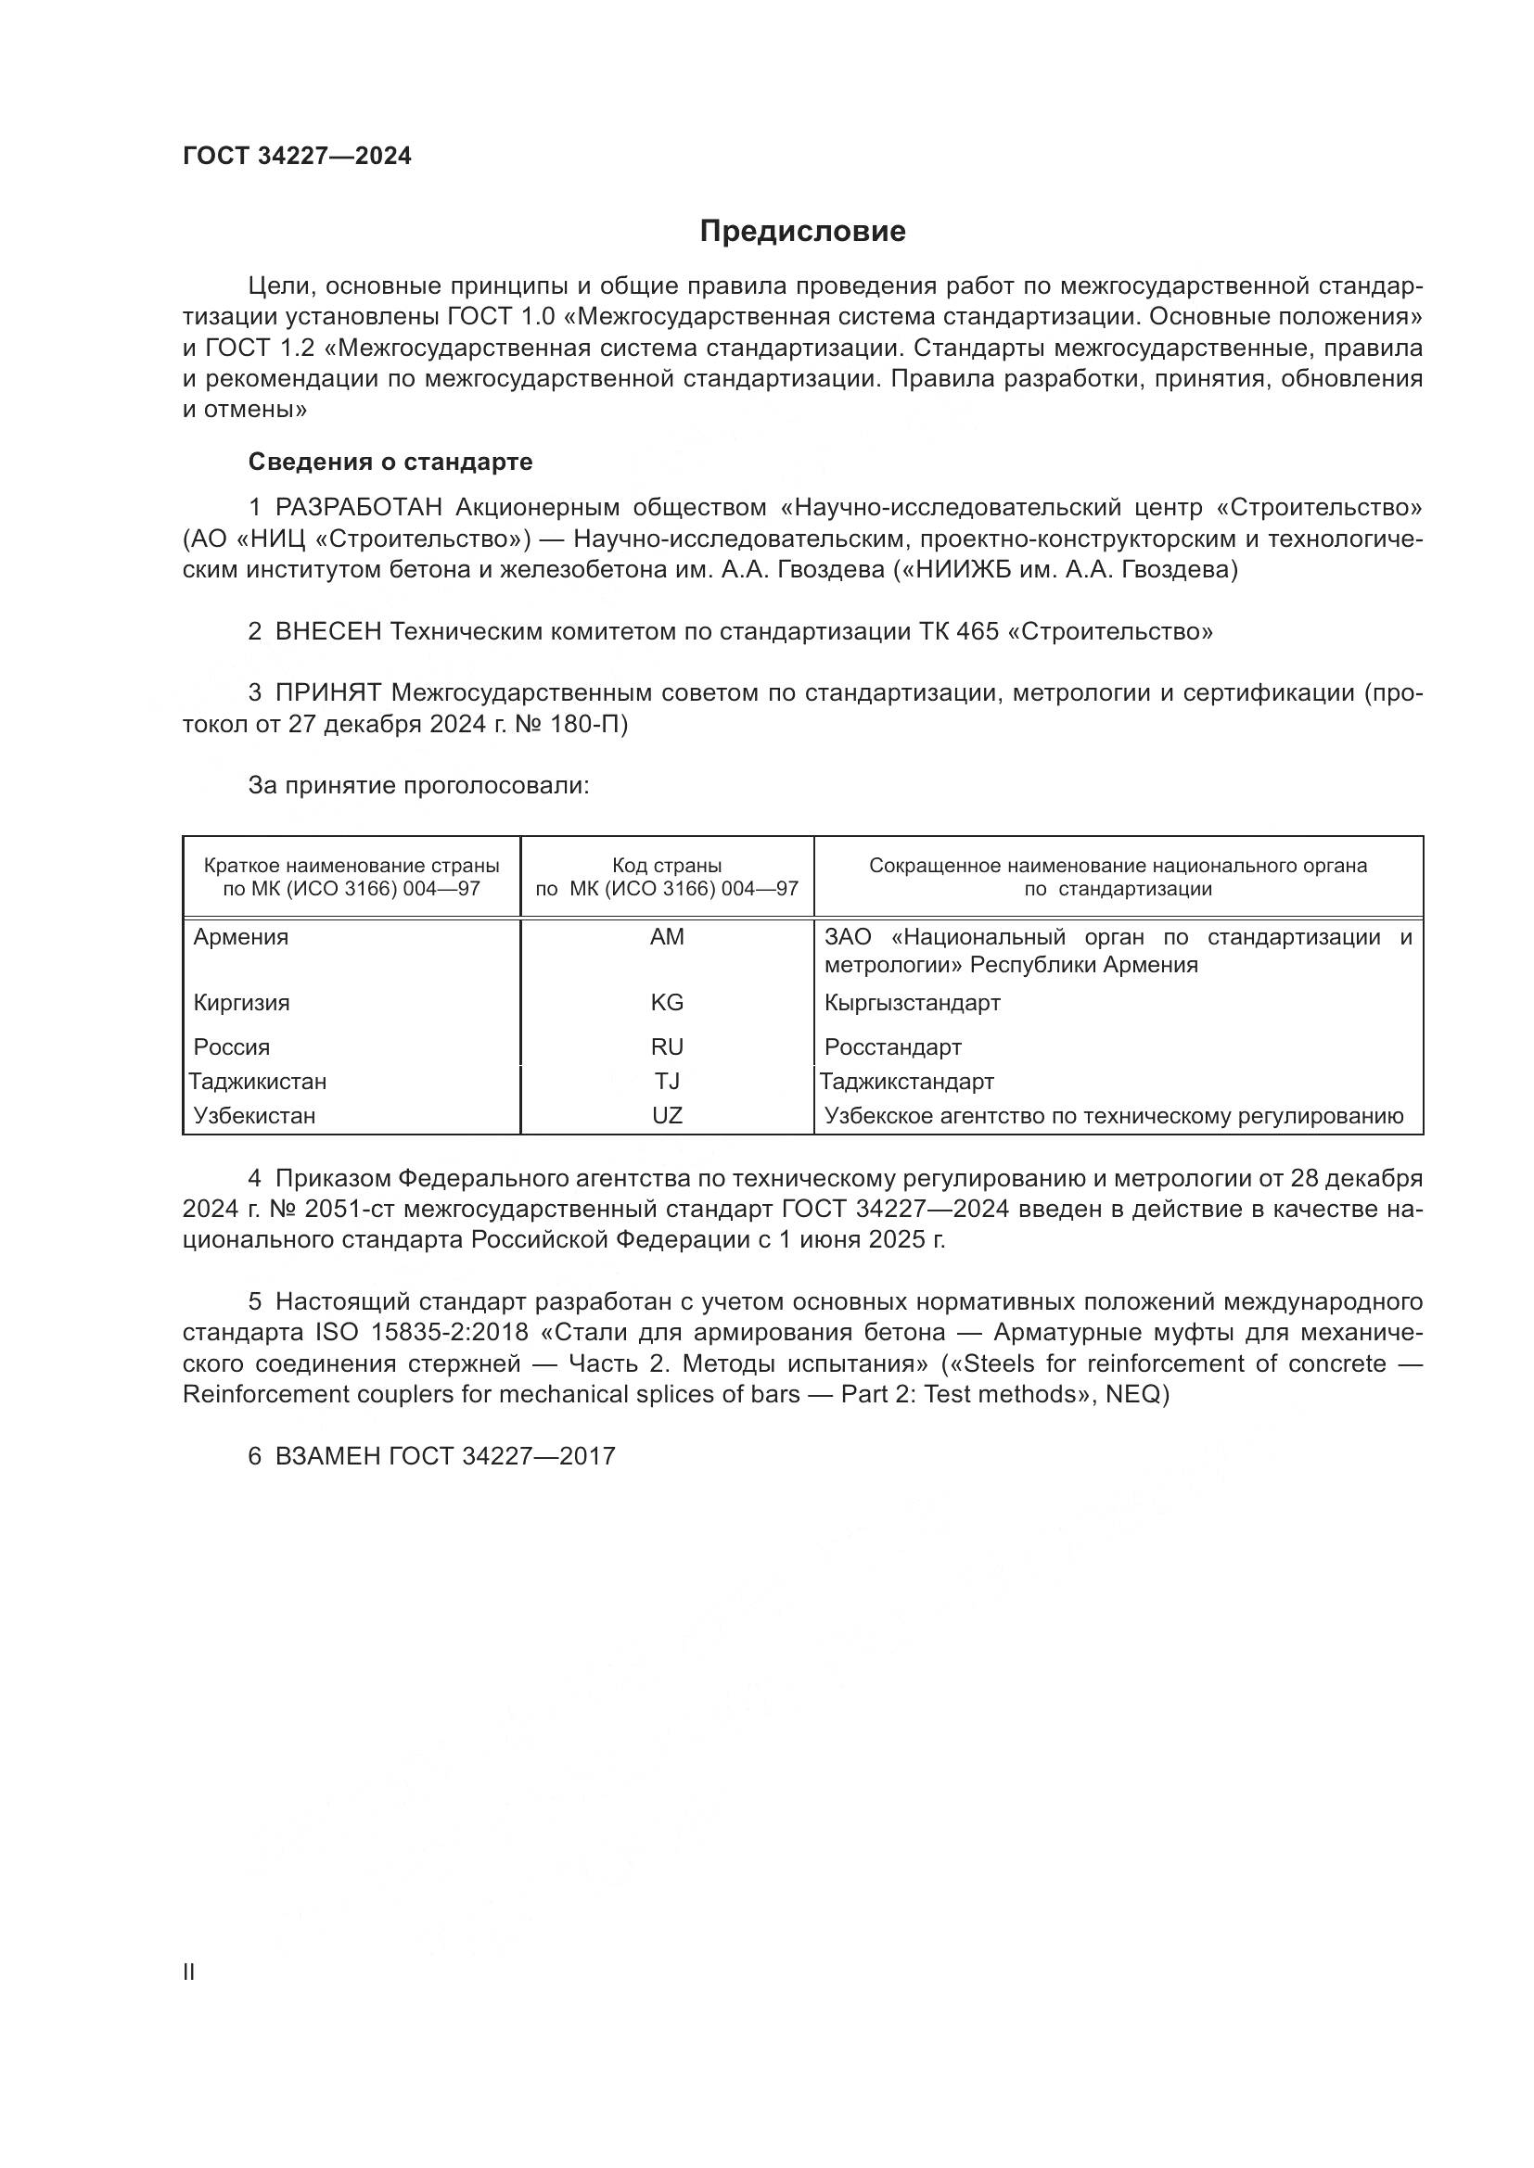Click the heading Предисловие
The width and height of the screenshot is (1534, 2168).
[802, 232]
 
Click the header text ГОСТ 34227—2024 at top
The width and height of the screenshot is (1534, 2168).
[297, 157]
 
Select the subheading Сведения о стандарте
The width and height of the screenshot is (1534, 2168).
[390, 462]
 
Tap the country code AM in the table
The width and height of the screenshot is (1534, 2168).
[667, 937]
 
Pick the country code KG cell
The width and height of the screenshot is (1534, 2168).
[667, 1002]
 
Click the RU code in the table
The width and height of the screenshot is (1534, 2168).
[667, 1046]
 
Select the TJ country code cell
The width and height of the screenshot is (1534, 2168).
[667, 1081]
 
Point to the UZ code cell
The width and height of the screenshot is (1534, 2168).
[667, 1115]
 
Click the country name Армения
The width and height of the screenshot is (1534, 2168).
[241, 937]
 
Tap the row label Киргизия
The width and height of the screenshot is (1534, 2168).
[242, 1002]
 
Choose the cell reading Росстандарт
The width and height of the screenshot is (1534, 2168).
[892, 1047]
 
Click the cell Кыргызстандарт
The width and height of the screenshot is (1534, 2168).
[912, 1002]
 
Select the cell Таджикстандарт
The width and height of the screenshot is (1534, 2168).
[906, 1081]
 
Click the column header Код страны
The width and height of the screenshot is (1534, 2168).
[667, 865]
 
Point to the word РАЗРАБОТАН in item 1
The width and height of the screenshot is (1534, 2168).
[359, 508]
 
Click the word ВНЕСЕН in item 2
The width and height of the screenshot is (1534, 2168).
[327, 632]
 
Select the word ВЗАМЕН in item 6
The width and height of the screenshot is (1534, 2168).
[327, 1456]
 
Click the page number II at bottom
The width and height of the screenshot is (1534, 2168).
[189, 1971]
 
